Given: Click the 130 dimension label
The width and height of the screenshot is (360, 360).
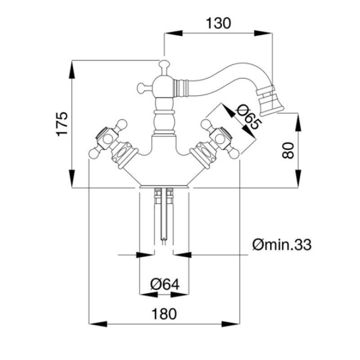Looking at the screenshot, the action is (218, 23).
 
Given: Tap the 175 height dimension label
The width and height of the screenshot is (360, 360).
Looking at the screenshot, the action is (63, 124).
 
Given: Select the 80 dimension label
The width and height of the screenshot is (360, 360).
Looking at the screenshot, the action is (288, 150).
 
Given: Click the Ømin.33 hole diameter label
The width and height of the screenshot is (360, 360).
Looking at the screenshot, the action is (282, 245).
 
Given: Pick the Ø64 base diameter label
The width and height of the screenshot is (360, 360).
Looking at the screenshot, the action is (165, 284).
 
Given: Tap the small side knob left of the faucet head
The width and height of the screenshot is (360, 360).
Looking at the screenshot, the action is (141, 88).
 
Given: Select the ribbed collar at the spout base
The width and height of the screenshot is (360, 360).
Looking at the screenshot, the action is (180, 87).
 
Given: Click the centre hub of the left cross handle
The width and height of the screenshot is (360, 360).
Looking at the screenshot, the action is (107, 139).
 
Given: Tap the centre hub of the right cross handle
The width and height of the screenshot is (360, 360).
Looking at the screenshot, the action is (220, 139).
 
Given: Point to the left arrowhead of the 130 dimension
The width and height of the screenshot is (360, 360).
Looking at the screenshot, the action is (173, 33).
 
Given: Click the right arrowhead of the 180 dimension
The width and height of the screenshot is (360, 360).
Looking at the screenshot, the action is (230, 324).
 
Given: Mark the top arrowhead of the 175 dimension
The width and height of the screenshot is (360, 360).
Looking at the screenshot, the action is (72, 70).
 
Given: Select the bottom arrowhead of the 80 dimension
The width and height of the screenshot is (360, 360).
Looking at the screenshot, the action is (298, 179).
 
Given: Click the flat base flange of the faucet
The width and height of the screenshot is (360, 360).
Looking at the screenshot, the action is (164, 186).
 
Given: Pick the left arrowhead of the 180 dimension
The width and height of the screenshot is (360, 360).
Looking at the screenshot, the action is (98, 324).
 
